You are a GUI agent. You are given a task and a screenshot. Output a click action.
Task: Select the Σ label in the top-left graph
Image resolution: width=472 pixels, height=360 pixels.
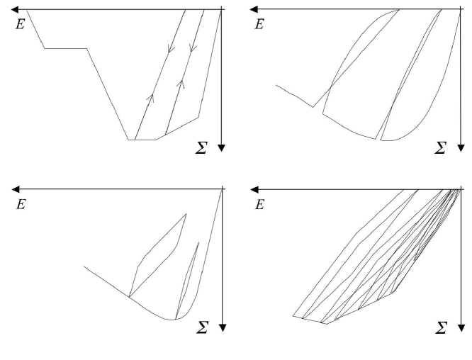click(x=202, y=148)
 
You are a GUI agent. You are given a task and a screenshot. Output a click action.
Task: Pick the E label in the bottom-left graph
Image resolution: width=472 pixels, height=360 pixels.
click(x=19, y=205)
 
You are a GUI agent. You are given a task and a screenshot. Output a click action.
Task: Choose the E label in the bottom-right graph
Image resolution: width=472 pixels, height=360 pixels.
click(x=259, y=205)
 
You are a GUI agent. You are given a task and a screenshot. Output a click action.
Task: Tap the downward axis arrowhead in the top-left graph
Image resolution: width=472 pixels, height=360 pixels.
click(x=222, y=147)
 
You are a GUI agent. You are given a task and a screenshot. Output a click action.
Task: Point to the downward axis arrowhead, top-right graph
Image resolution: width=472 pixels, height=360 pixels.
click(x=461, y=147)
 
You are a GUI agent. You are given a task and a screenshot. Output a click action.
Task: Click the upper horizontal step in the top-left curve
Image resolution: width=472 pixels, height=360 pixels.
click(x=66, y=48)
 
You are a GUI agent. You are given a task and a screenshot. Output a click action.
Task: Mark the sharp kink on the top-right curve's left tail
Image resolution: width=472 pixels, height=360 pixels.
click(x=313, y=107)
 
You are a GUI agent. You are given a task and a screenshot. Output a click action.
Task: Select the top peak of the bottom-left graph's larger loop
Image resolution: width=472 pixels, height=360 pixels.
click(x=186, y=214)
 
